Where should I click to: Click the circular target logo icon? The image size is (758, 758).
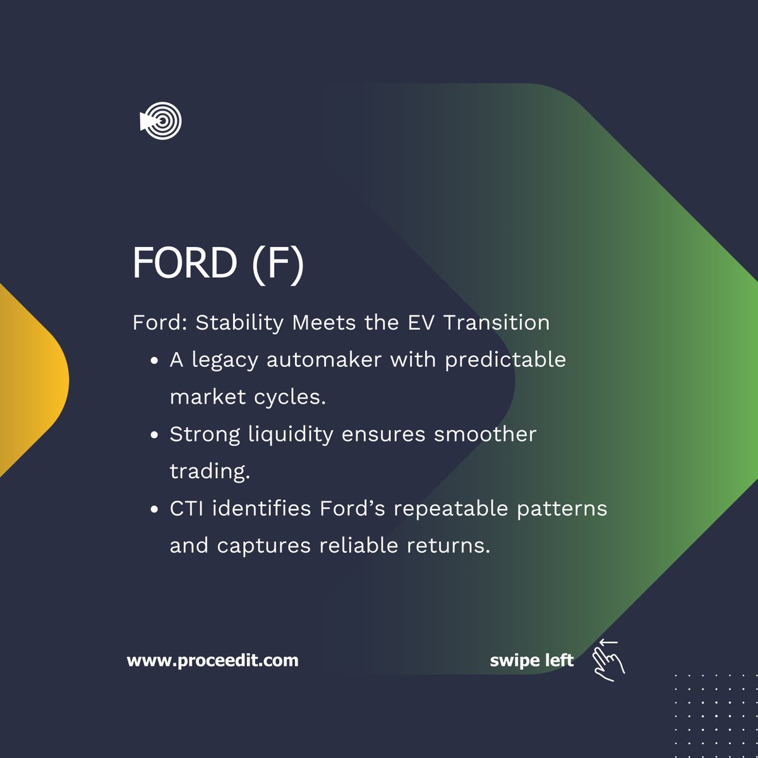(x=162, y=121)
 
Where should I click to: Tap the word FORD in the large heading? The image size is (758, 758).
(x=184, y=263)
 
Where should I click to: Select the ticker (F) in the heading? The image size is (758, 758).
(x=277, y=264)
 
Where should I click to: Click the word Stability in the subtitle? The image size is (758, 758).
(x=239, y=323)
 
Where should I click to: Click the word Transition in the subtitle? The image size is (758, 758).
(x=496, y=323)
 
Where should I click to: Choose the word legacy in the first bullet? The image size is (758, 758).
(x=225, y=360)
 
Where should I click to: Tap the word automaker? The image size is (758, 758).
(x=324, y=360)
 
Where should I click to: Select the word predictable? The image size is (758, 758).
(x=505, y=360)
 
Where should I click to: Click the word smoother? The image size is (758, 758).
(x=485, y=435)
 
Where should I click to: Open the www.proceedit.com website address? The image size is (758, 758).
(x=213, y=661)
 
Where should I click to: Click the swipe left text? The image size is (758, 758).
(x=531, y=661)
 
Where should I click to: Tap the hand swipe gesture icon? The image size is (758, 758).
(x=608, y=661)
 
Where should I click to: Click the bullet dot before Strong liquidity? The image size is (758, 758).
(x=155, y=436)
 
